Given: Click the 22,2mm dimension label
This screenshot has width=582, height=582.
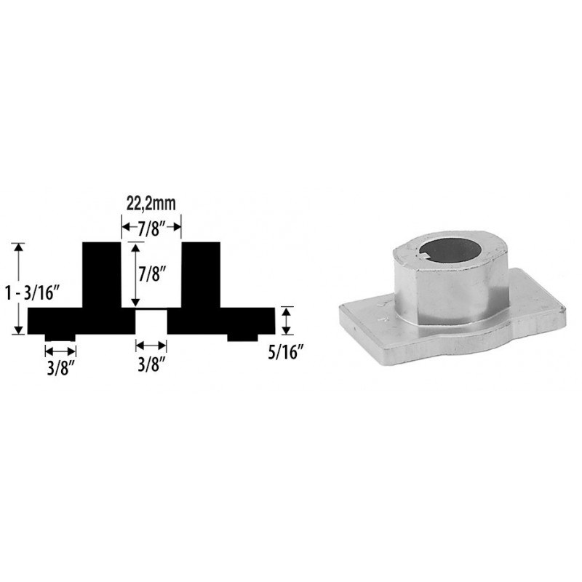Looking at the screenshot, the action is pos(151,204).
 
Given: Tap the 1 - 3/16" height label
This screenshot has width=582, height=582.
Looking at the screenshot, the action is pos(32,293).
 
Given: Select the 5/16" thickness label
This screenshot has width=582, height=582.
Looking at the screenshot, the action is pos(283,352).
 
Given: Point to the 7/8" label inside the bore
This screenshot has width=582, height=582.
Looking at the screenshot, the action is pos(151,275).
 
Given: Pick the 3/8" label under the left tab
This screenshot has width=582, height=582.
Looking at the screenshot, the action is pos(60,368).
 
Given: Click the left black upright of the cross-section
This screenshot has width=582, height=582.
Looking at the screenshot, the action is pos(102,275).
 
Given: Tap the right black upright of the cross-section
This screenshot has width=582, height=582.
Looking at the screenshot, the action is pos(201,275).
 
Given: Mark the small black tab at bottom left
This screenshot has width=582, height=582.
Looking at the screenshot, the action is pos(60,338).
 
